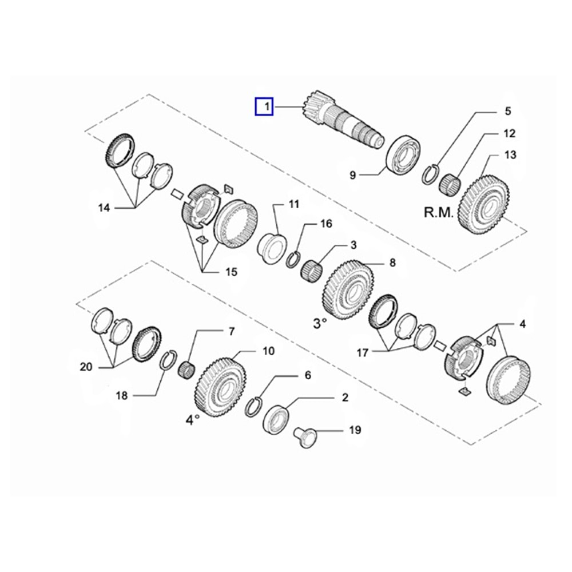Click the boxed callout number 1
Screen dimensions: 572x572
pyautogui.click(x=264, y=106)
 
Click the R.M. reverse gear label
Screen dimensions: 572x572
pyautogui.click(x=438, y=213)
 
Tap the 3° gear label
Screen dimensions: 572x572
pyautogui.click(x=319, y=324)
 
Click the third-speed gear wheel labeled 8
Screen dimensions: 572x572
pyautogui.click(x=348, y=287)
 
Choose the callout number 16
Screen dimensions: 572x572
pyautogui.click(x=325, y=224)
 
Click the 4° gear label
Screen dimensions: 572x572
pyautogui.click(x=192, y=419)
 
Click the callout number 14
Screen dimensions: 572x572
pyautogui.click(x=104, y=208)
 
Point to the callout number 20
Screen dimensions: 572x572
pyautogui.click(x=86, y=367)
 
